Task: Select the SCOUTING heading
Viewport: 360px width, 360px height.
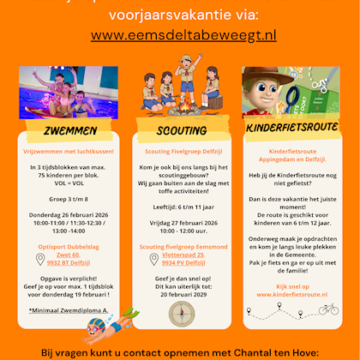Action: (181, 132)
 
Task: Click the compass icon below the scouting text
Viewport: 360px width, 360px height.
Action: (182, 311)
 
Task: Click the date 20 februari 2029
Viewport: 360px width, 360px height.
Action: (181, 294)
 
